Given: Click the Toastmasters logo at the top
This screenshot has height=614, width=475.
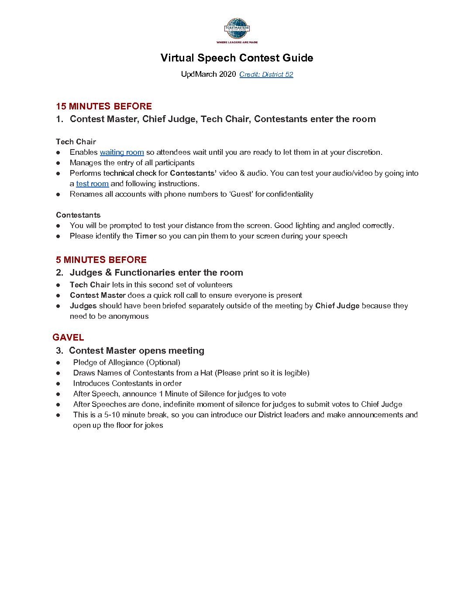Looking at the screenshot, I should [237, 30].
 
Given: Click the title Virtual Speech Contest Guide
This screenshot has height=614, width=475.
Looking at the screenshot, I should [237, 58].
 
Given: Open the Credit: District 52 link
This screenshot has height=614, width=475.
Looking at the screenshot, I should [266, 75].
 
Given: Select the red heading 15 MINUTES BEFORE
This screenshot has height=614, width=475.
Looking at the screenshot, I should [104, 106].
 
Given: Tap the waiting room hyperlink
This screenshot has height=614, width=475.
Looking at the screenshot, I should [122, 153].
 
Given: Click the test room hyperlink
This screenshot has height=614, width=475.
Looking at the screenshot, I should [92, 184].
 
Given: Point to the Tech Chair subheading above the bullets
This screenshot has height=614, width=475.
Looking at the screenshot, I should [76, 142].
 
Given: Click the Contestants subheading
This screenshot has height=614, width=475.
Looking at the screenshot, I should [78, 215].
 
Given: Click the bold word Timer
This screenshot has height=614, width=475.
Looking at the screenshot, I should [146, 236].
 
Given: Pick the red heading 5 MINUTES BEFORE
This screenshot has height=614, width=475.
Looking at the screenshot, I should [101, 260].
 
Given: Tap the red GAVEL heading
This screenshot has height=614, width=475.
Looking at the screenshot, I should [68, 338].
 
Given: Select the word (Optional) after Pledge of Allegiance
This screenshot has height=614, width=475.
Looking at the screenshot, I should [163, 363].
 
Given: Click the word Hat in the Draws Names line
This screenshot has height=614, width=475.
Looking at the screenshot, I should [207, 373].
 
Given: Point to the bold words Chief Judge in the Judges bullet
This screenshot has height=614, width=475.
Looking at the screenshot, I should [337, 306].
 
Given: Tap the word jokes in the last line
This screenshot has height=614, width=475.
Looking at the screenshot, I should [153, 426].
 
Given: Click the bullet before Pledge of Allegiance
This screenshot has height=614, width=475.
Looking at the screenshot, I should [58, 363].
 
